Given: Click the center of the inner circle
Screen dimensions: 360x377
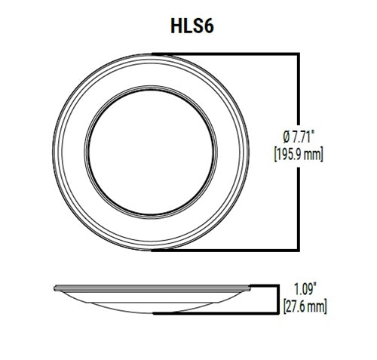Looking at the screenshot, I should pyautogui.click(x=153, y=151).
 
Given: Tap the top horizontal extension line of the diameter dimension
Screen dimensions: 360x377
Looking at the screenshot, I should pyautogui.click(x=226, y=53).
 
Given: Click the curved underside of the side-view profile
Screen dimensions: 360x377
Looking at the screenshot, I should pyautogui.click(x=153, y=304).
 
